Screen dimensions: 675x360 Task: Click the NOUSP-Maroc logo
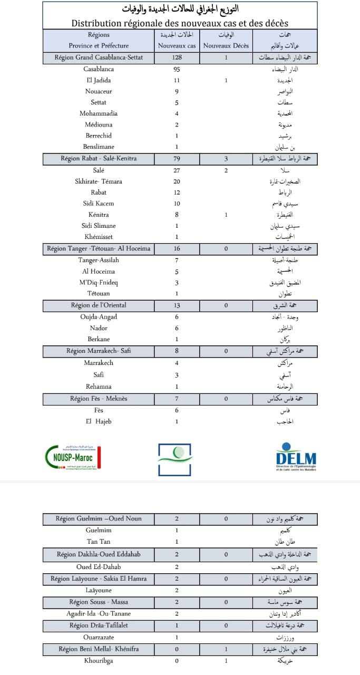tap(73, 456)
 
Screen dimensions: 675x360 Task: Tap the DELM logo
tap(296, 457)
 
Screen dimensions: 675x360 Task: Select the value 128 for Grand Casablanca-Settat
tap(177, 57)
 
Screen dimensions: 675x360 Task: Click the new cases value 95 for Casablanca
tap(177, 69)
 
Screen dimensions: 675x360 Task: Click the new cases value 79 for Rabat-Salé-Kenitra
tap(177, 159)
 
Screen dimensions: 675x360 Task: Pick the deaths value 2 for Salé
tap(226, 170)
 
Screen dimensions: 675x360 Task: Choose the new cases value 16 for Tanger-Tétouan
tap(177, 248)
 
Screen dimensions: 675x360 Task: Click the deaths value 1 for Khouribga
tap(226, 660)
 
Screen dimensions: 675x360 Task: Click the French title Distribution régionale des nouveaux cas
tap(180, 23)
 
